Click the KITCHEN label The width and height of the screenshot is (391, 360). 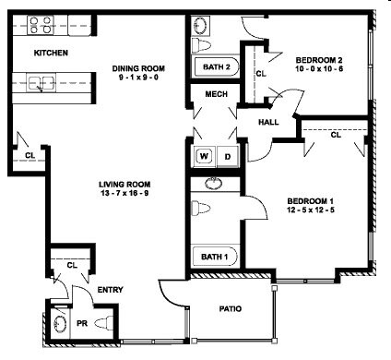click(51, 54)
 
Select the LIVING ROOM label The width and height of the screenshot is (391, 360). click(124, 185)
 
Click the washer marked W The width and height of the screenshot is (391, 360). click(205, 156)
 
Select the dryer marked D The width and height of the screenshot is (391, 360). click(227, 156)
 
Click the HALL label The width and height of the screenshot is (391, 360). click(268, 121)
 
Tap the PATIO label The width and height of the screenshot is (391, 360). click(230, 309)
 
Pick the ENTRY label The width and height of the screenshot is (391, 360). click(111, 291)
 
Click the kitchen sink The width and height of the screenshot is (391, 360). click(40, 84)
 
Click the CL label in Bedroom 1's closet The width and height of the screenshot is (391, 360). click(335, 136)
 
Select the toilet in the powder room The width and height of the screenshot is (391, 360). click(104, 322)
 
